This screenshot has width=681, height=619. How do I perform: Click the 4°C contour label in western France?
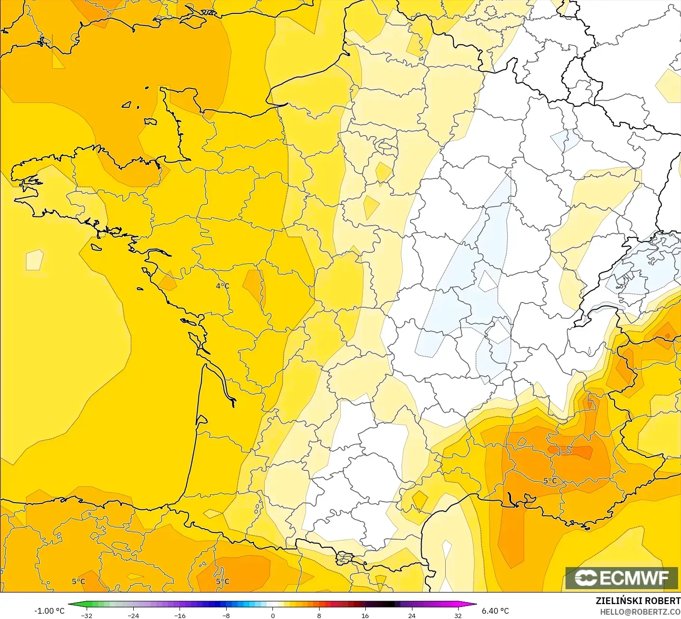click(x=222, y=286)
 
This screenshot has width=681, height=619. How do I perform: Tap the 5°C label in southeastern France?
click(x=550, y=481)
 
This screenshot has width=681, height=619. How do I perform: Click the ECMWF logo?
click(x=621, y=578)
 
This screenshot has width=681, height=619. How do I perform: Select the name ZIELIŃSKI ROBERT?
click(x=638, y=601)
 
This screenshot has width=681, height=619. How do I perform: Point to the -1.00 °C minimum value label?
click(x=49, y=611)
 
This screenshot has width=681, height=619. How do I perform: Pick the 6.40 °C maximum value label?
click(x=495, y=611)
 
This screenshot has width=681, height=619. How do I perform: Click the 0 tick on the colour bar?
click(x=272, y=615)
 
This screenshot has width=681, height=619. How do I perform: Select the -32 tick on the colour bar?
click(x=87, y=615)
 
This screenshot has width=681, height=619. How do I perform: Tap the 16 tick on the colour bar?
click(x=365, y=615)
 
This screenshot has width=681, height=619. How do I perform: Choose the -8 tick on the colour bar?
click(x=226, y=615)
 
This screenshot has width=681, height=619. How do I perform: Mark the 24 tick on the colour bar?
click(x=411, y=615)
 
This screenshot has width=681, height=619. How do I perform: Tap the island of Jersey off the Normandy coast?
click(x=150, y=122)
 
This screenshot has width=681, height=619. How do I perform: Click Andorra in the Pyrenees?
click(x=345, y=558)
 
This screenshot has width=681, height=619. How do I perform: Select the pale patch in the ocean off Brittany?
click(x=34, y=260)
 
